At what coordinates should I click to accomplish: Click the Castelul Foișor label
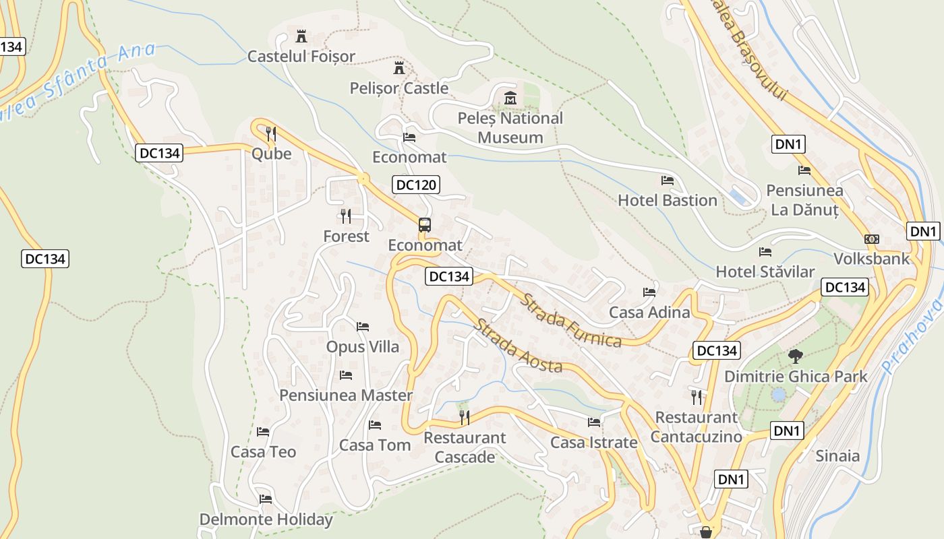(x=301, y=56)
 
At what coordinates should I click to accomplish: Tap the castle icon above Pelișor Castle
(x=399, y=68)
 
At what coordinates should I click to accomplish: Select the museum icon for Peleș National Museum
(x=510, y=98)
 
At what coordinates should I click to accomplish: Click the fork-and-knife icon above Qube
(x=271, y=133)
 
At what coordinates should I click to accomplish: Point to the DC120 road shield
(x=416, y=185)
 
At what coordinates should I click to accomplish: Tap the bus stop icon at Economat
(x=424, y=225)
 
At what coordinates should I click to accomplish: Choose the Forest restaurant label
(x=346, y=236)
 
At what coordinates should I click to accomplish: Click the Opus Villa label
(x=363, y=347)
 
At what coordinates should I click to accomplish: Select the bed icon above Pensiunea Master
(x=346, y=375)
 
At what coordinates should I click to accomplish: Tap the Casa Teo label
(x=263, y=451)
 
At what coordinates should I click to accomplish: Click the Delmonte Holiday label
(x=266, y=519)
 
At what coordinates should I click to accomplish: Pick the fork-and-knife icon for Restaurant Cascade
(x=464, y=418)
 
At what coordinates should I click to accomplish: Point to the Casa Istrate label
(x=593, y=443)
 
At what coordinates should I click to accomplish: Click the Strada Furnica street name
(x=570, y=320)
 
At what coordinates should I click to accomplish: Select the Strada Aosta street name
(x=518, y=346)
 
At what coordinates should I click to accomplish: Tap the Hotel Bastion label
(x=667, y=200)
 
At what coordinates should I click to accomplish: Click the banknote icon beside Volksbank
(x=872, y=239)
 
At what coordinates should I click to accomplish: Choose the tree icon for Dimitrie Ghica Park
(x=796, y=356)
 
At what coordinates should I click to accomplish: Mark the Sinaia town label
(x=837, y=456)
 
